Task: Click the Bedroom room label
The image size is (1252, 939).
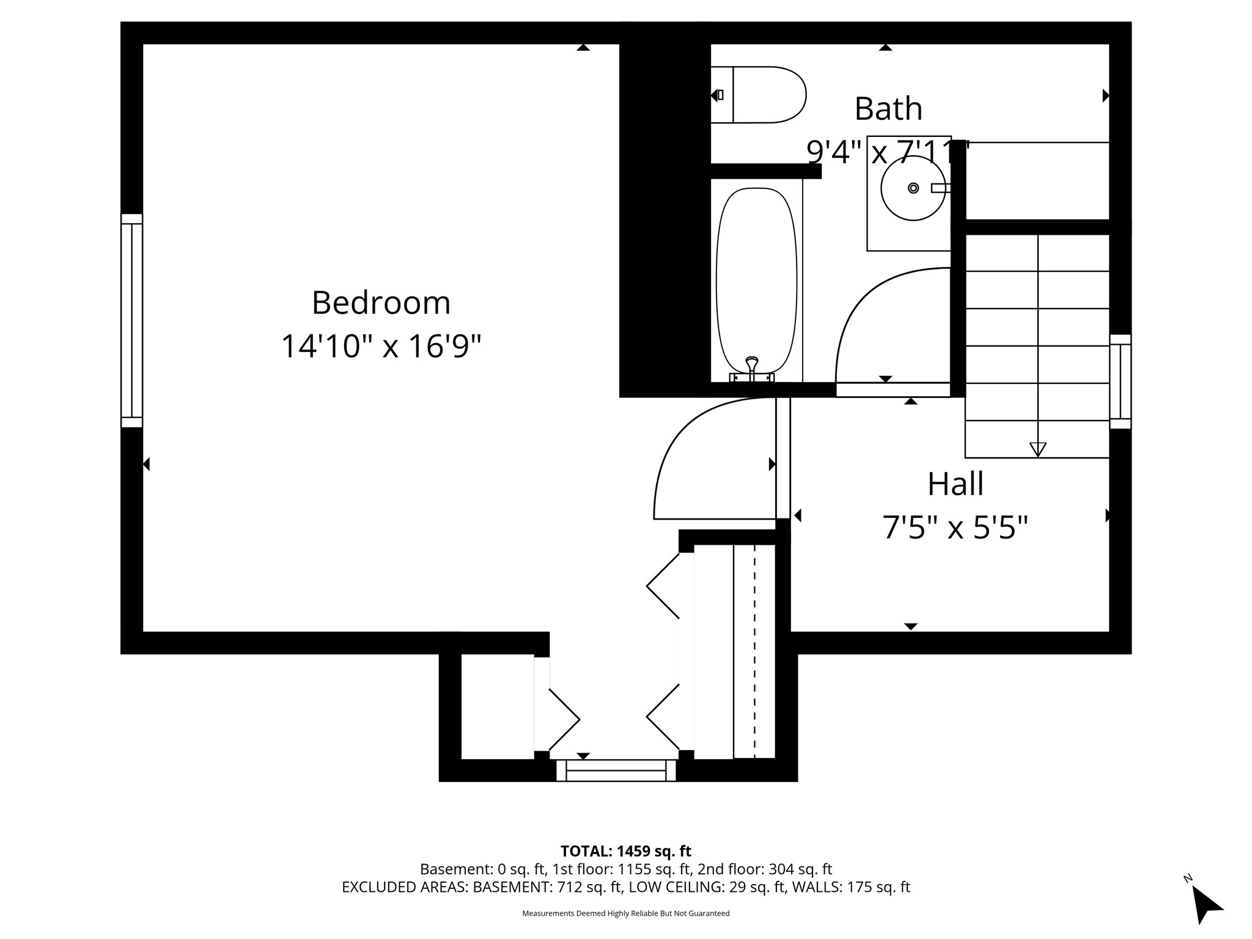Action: coord(381,303)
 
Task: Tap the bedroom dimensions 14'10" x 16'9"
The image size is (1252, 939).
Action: coord(381,346)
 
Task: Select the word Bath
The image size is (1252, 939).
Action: coord(888,109)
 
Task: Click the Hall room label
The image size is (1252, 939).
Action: coord(956,484)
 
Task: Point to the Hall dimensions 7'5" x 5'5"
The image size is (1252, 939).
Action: coord(955,527)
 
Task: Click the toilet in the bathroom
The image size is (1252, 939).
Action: coord(761,95)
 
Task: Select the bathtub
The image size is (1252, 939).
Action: coord(756,281)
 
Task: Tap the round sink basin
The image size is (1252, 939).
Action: coord(913,188)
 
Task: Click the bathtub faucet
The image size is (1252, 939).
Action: coord(752,367)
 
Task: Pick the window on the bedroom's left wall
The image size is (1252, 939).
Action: coord(131,320)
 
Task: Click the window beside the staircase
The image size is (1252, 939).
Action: coord(1120,381)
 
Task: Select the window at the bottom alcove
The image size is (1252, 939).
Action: coord(616,770)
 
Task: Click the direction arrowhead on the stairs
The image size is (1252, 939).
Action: coord(1037,449)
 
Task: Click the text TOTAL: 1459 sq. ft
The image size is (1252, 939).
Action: coord(625,851)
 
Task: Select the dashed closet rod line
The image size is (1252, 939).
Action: coord(754,651)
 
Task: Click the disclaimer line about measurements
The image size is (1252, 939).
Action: coord(625,913)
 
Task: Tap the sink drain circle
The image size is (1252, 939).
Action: coord(913,188)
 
